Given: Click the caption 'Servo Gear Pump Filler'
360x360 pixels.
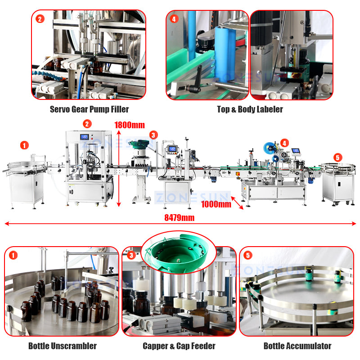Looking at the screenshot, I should tap(89, 109).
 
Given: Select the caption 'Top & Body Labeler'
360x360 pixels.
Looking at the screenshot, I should tap(250, 109).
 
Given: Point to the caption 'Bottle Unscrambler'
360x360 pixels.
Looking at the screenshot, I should tap(62, 346).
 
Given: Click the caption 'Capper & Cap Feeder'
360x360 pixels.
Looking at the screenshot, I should tap(179, 346).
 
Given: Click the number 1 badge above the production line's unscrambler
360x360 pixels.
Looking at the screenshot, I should tap(24, 145).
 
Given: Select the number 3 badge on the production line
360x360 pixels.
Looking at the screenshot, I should tap(153, 135).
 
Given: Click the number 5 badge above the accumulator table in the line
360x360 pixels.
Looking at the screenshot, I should tap(338, 157).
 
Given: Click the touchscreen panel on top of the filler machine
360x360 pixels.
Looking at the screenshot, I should tap(84, 137).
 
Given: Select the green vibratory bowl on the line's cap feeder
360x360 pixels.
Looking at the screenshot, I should tap(138, 145).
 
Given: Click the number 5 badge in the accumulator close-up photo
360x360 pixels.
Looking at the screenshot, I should tap(248, 255).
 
